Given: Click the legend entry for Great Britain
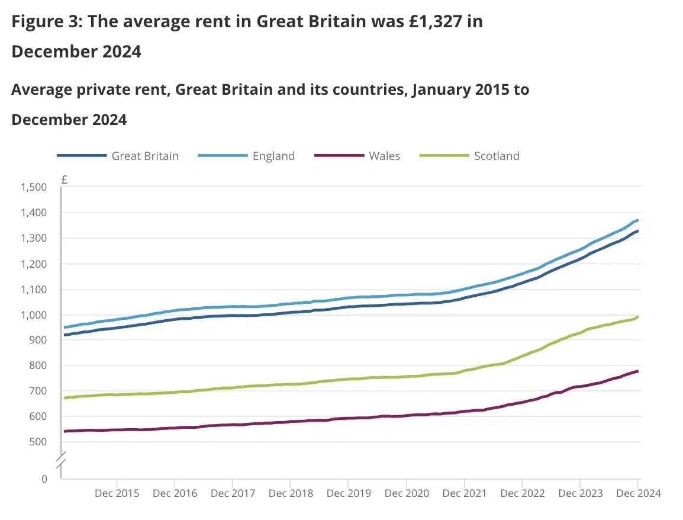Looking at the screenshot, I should (x=144, y=156).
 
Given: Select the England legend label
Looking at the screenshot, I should (x=273, y=156).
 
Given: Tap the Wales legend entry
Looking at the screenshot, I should (x=384, y=156).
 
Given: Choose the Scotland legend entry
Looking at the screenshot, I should (x=496, y=156).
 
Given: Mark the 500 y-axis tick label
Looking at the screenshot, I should (x=37, y=442).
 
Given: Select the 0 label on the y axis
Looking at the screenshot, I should (x=44, y=479).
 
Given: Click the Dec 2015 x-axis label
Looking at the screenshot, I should (x=117, y=493).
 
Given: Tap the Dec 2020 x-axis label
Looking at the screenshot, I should (x=406, y=493).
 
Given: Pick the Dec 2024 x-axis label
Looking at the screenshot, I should (x=637, y=493).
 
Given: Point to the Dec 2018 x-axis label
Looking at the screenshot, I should (x=290, y=493).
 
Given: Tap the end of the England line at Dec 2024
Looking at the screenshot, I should (x=637, y=220).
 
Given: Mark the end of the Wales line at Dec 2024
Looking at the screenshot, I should (x=637, y=371).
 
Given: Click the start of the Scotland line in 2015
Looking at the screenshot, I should (x=65, y=398).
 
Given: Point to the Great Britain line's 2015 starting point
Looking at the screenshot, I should (x=65, y=335).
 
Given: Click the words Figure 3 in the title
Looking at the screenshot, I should (x=45, y=22).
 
